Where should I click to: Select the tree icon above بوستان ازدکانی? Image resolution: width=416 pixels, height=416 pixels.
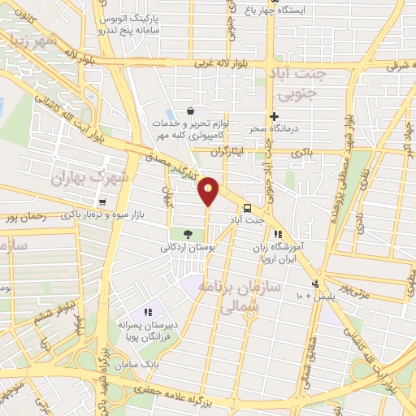(x=187, y=234)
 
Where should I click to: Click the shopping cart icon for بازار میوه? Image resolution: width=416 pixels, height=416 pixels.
(x=102, y=201)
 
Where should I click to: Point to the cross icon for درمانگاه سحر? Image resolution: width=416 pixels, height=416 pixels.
(x=275, y=117)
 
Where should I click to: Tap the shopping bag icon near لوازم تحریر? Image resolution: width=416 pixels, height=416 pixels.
(x=190, y=110)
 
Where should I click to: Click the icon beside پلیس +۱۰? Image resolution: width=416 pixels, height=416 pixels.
(x=315, y=284)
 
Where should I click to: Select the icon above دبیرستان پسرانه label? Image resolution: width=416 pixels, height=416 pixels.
(x=148, y=311)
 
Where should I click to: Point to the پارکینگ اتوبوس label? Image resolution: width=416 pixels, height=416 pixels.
(x=136, y=18)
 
